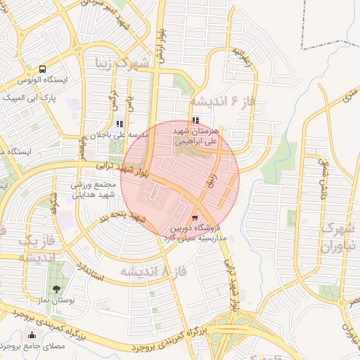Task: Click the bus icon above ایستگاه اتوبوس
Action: click(x=43, y=69)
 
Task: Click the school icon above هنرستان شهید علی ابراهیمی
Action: click(x=195, y=121)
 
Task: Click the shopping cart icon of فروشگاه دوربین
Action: click(x=195, y=218)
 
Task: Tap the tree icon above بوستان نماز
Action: click(x=56, y=288)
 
